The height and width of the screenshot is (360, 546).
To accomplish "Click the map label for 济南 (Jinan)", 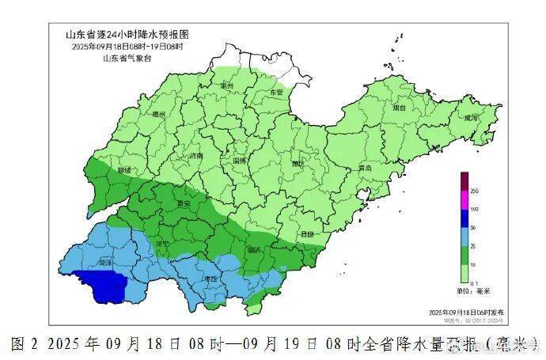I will pos(197,157).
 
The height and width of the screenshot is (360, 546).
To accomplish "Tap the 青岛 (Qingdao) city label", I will pos(364,169).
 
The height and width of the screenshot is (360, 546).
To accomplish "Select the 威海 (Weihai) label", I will pos(472,117).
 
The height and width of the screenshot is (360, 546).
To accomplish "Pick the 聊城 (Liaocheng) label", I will pos(123,169).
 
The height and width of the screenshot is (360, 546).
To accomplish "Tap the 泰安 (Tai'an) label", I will pos(187,203).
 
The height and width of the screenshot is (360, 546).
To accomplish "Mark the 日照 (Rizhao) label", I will pos(307,234).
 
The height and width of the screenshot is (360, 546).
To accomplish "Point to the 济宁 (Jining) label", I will pos(161,244).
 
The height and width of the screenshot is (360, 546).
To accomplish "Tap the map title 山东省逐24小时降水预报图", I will pos(127,35).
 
